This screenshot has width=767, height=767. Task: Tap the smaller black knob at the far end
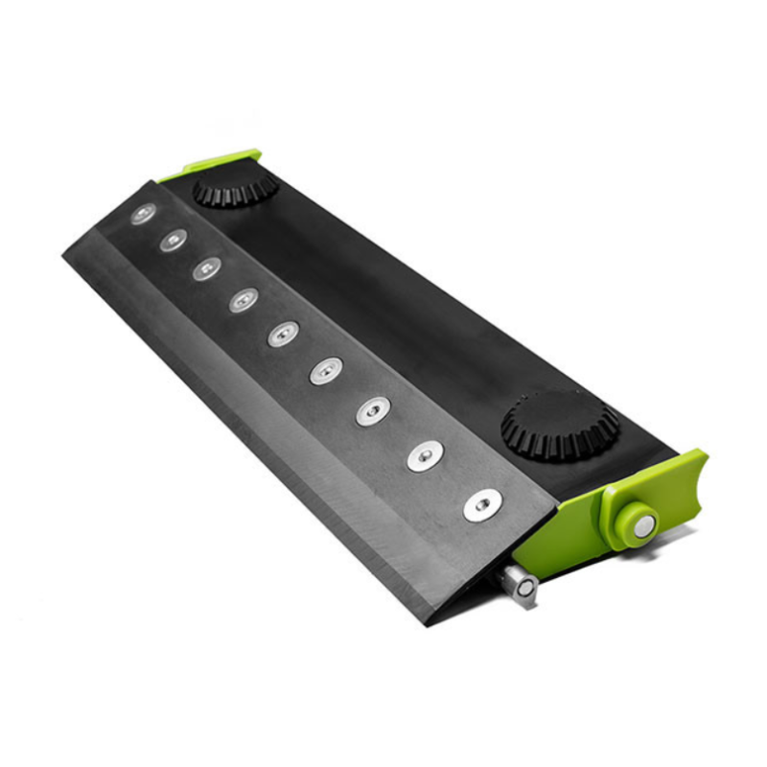(235, 188)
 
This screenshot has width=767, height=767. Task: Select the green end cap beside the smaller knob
(217, 163)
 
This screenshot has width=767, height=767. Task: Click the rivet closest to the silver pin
(482, 504)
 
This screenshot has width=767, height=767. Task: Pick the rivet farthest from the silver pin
(144, 214)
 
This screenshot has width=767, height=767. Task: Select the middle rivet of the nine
(283, 334)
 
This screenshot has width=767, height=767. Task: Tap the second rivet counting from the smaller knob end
(174, 240)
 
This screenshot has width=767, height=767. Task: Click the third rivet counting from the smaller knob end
(206, 268)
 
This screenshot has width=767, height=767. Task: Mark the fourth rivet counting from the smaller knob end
(243, 300)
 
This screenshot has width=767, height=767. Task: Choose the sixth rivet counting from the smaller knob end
(326, 370)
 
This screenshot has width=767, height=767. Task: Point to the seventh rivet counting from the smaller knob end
(373, 411)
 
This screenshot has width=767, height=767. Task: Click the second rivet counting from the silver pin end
(425, 455)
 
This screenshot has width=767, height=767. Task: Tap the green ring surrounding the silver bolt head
(624, 508)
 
